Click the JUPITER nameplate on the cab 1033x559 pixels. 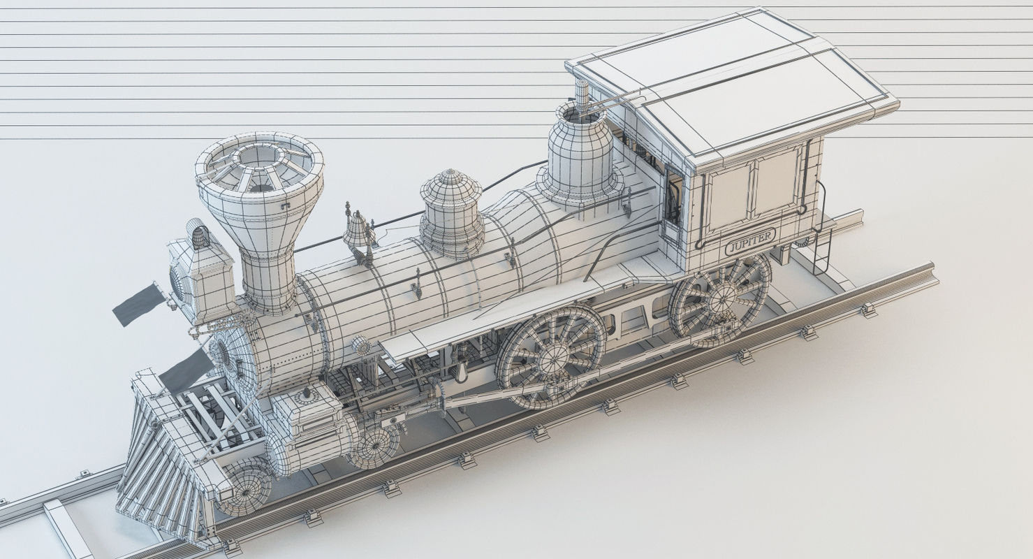[749, 242]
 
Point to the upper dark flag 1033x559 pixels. [138, 304]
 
